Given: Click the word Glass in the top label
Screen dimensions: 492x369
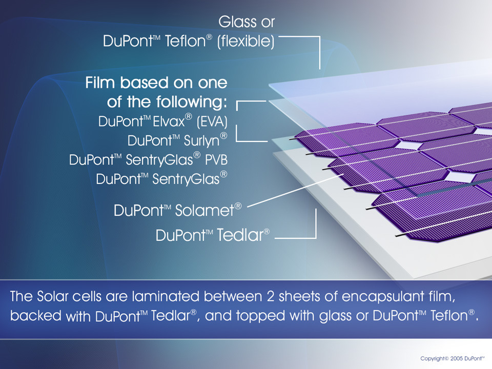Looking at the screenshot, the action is point(237,22).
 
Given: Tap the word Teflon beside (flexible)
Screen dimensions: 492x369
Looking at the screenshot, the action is point(185,41).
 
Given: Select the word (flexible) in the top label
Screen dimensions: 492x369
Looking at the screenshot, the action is point(245,42).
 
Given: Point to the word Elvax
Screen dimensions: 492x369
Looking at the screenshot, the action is point(169,122).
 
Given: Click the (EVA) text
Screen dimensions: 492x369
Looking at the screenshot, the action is point(212,122).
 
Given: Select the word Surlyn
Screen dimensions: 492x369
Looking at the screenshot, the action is point(201,141).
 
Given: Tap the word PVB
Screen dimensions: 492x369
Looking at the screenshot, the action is point(216,160).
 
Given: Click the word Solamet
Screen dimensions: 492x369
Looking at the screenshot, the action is point(204,211).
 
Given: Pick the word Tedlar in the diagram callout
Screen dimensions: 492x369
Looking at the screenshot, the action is point(240,235).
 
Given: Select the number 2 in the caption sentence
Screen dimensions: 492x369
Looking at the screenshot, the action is point(271,297).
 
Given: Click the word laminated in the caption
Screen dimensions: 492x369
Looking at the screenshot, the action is point(166,297).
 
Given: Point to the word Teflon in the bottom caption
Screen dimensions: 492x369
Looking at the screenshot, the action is point(449,316).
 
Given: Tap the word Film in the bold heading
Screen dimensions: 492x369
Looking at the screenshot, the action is point(101,83).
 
